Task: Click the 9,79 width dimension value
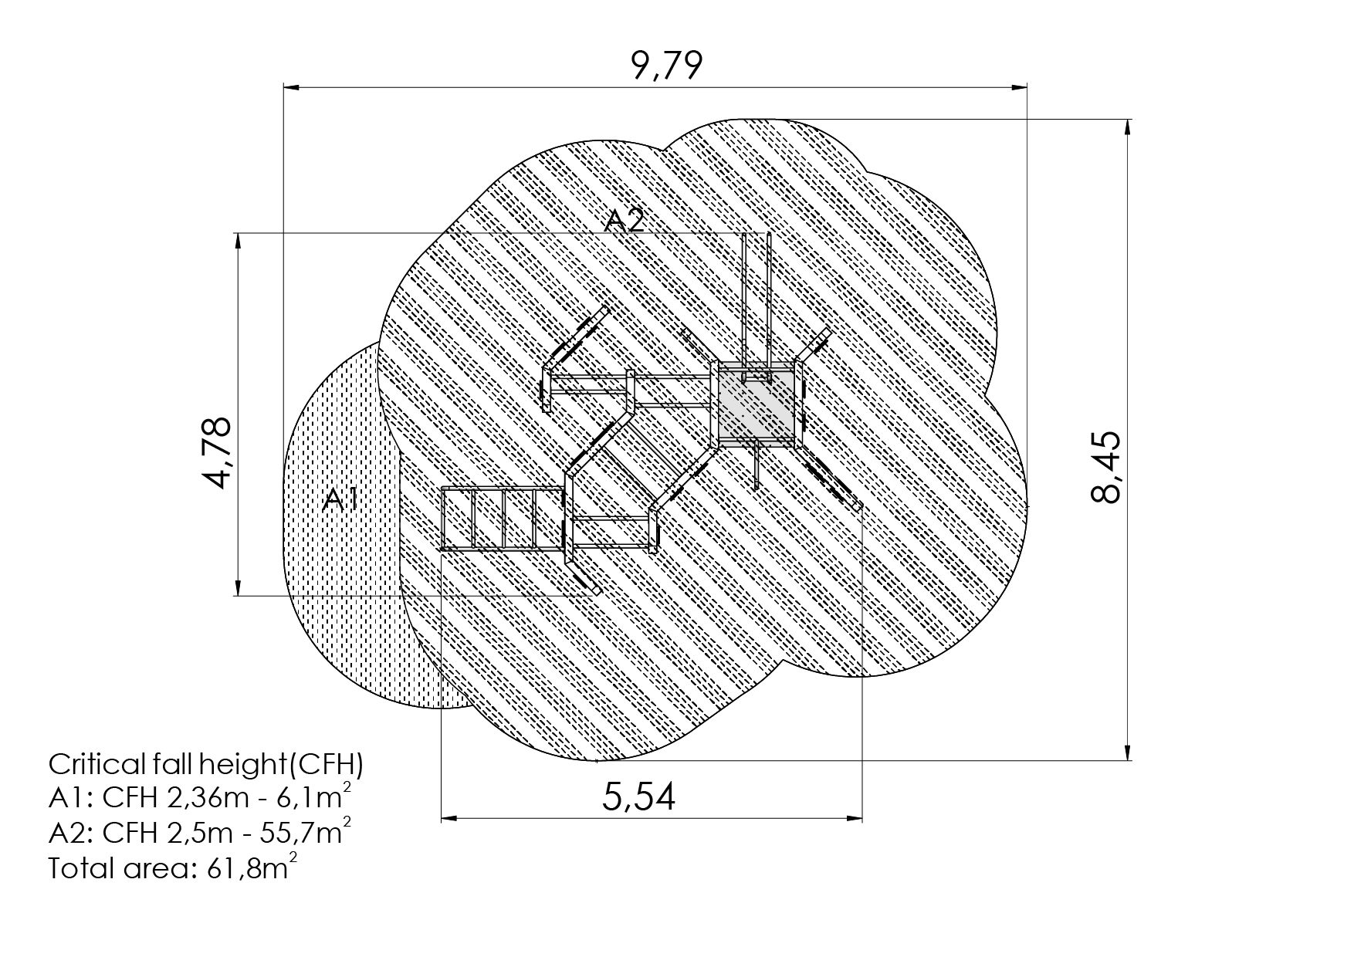click(x=667, y=66)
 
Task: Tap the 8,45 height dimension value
click(x=1107, y=468)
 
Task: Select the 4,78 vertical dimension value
click(x=217, y=452)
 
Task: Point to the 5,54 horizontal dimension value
click(x=639, y=796)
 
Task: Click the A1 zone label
click(x=340, y=499)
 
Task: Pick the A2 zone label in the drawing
click(x=624, y=221)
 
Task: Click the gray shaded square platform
click(x=756, y=404)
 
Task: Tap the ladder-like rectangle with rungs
click(x=502, y=519)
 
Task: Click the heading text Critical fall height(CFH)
click(x=206, y=765)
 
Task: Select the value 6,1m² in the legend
click(x=320, y=797)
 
